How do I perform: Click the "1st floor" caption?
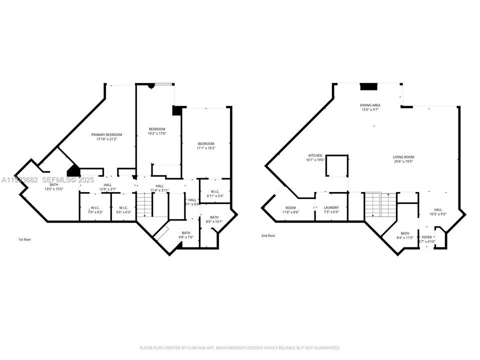point(24,239)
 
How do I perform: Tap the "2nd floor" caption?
point(268,235)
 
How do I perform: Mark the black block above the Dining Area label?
point(368,86)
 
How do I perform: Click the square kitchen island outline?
point(337,166)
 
